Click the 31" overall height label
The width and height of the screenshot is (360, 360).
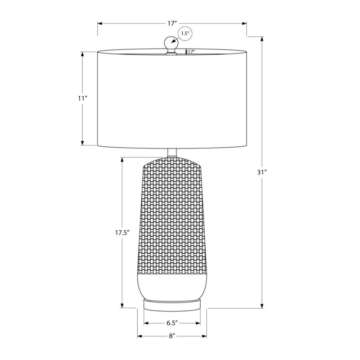pos(262,172)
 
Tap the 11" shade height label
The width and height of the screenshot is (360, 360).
pos(82,98)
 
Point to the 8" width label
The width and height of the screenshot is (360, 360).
pos(172,336)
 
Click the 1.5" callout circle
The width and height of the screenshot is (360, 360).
pos(185,34)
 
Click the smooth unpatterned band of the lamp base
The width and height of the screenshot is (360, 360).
pos(172,284)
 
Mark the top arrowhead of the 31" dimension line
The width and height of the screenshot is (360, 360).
pos(262,38)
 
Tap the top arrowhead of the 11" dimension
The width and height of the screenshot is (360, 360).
pos(82,54)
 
